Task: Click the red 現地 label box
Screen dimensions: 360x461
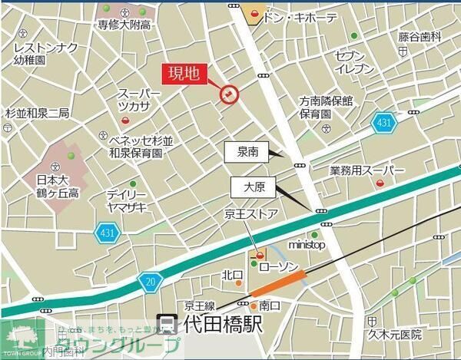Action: tap(184, 74)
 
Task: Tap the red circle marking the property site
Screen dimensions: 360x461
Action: tap(230, 94)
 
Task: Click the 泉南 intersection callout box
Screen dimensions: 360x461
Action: tap(247, 152)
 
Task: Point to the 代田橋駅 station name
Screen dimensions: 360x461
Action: tap(218, 325)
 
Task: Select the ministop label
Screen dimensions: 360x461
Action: tap(307, 245)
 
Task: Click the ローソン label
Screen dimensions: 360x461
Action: tap(277, 266)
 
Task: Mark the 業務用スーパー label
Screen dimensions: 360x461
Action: tap(366, 170)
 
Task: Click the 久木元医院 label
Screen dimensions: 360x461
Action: tap(394, 334)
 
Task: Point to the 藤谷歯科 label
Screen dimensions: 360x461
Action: tap(420, 36)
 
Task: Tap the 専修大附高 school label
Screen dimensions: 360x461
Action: tap(123, 25)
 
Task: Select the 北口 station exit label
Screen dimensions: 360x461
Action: tap(233, 275)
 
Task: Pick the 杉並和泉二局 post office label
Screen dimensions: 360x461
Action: tap(37, 113)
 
